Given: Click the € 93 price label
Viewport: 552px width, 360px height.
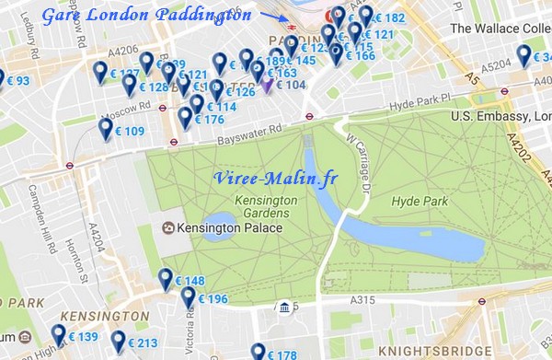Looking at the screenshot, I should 18,82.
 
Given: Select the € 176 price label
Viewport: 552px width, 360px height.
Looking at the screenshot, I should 209,120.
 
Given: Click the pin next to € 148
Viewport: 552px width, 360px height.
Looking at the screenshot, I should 167,278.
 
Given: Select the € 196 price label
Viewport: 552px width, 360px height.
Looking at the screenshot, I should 212,299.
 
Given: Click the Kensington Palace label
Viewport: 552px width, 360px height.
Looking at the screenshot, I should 216,227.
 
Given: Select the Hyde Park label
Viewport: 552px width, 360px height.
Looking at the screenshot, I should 419,199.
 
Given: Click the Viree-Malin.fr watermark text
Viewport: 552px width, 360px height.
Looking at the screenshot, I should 273,179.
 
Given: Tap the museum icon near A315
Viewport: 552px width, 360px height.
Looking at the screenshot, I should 286,307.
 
